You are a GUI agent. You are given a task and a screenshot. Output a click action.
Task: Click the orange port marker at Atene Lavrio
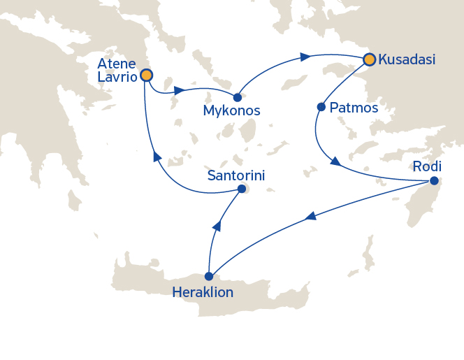pos(146,75)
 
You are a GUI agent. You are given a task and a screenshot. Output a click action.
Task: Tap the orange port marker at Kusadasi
pos(368,60)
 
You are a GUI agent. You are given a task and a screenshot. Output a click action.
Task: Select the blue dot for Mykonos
pos(238,97)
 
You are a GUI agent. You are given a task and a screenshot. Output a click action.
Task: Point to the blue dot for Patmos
pos(321,107)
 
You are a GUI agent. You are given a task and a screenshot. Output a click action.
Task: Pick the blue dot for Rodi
pos(433,181)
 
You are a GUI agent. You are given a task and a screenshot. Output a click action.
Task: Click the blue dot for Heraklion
pos(208,276)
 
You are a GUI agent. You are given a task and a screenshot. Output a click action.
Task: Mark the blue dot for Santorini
pos(241,189)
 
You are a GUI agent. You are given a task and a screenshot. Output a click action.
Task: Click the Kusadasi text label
pos(406,60)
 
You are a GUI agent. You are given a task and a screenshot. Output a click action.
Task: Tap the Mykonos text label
pos(231,111)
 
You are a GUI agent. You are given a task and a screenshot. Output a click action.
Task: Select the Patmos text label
pos(353,108)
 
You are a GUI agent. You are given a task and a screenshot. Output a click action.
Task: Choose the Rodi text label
pos(427,166)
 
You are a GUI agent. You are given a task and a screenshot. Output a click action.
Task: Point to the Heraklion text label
pos(202,291)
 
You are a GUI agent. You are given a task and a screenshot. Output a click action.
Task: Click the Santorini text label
pos(236,175)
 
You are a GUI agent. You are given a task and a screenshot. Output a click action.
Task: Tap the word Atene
pos(117,64)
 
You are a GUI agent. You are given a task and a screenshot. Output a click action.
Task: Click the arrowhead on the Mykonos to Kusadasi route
pos(305,57)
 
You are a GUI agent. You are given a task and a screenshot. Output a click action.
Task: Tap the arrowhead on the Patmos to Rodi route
pos(335,161)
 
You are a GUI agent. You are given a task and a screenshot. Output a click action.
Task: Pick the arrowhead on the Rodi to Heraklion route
pos(310,218)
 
